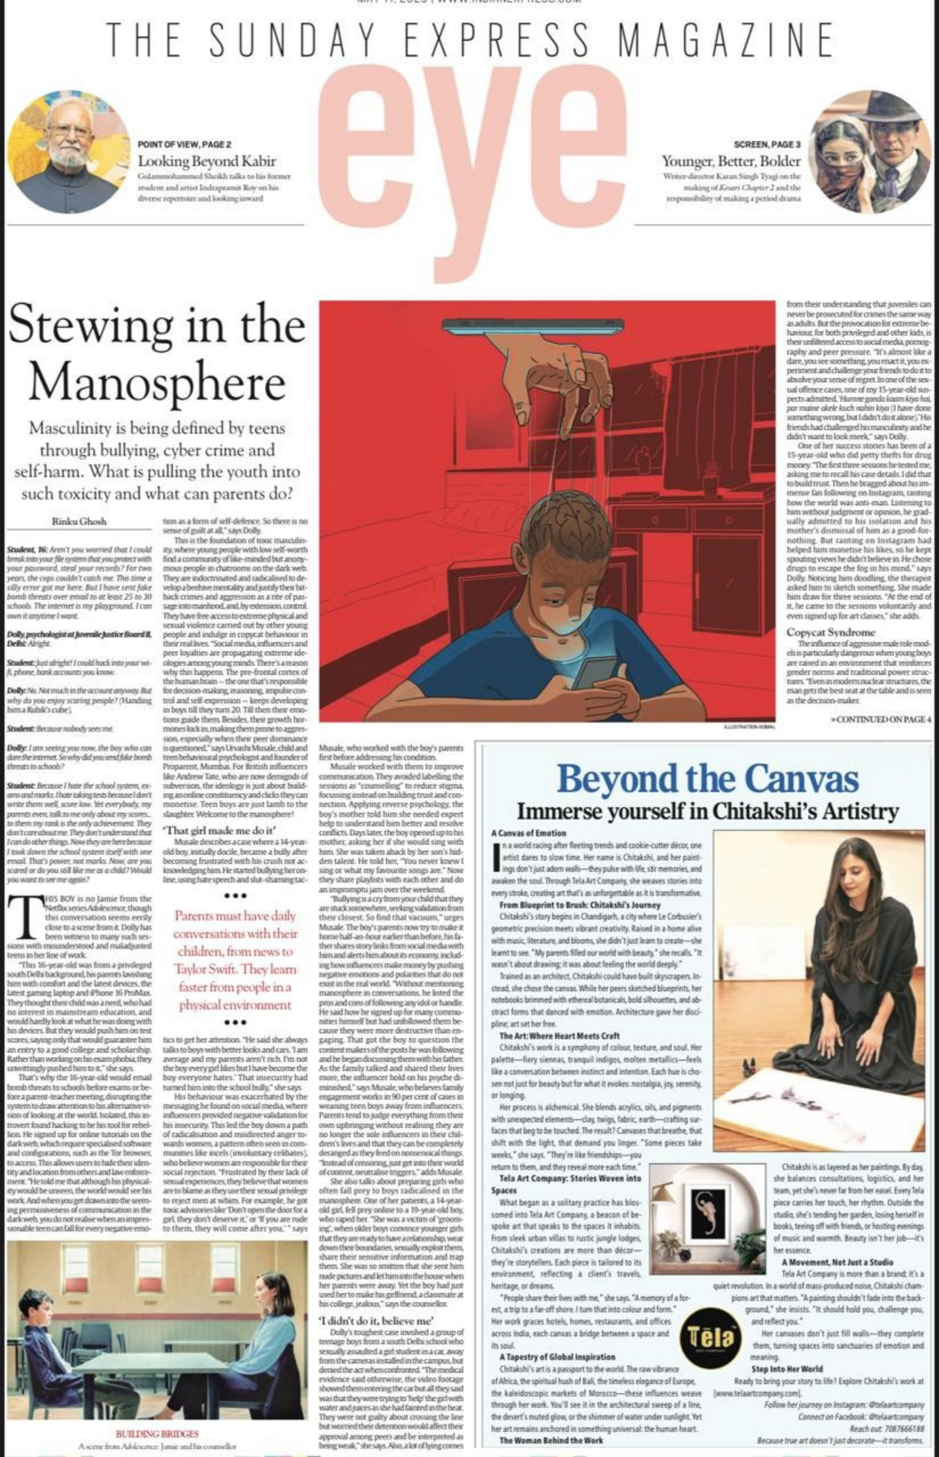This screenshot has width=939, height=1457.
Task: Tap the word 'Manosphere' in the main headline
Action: (x=156, y=383)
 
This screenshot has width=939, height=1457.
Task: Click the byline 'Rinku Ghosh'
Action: (x=79, y=521)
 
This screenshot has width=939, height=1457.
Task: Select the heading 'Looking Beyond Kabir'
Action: (x=207, y=161)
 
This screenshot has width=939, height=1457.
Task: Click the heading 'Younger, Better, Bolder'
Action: (x=731, y=161)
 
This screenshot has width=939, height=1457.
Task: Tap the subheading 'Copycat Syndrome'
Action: (x=831, y=632)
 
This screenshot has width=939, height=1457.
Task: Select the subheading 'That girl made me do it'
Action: (x=220, y=831)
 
